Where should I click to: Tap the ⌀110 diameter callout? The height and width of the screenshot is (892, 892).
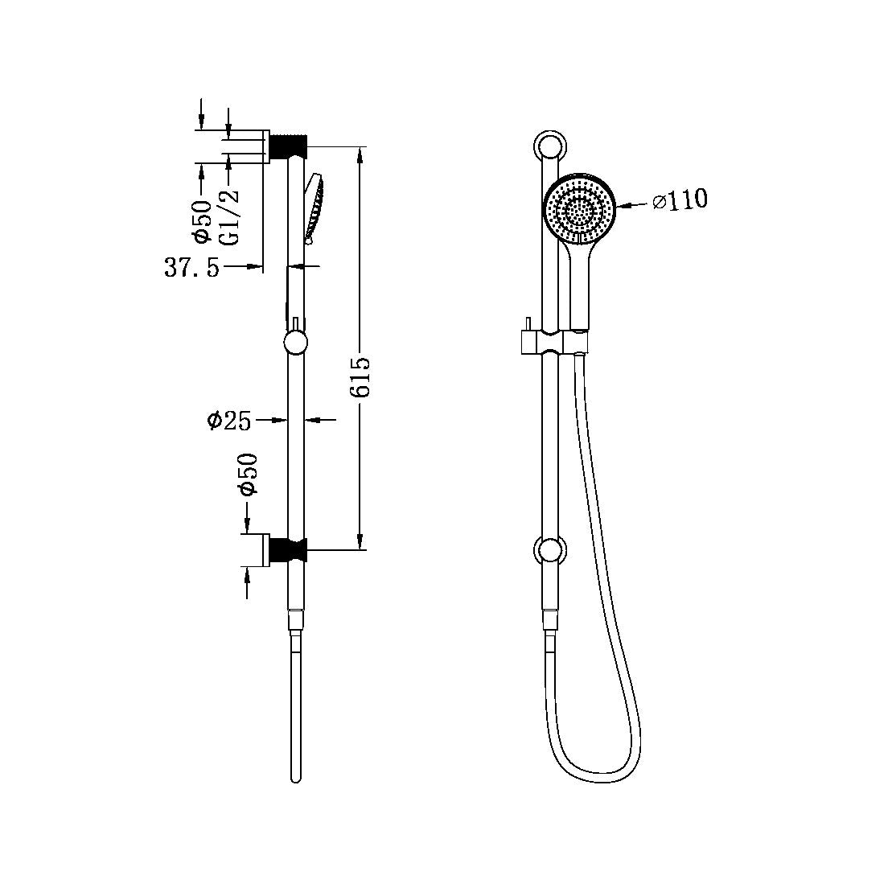tap(680, 200)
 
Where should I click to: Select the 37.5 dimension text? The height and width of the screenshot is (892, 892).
tap(192, 268)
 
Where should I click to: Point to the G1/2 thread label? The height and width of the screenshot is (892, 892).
tap(230, 216)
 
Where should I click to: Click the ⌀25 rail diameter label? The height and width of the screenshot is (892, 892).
tap(229, 420)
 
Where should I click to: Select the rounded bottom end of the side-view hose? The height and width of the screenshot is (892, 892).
tap(296, 778)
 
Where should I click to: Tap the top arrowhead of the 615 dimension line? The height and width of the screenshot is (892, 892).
tap(361, 153)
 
